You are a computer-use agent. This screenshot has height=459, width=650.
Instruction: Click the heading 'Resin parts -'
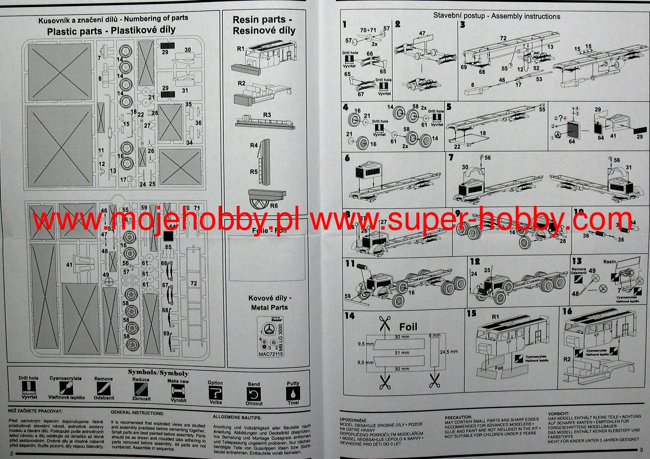262,20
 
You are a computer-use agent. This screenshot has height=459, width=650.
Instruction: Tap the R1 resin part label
241,49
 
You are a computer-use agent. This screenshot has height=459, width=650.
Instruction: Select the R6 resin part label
274,206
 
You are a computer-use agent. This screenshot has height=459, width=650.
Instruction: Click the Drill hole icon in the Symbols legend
28,388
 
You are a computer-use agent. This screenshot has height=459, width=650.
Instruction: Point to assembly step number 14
349,316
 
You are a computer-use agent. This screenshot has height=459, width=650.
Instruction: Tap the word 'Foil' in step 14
408,327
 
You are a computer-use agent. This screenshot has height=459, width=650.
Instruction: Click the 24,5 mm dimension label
449,352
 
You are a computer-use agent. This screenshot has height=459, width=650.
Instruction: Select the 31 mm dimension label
402,353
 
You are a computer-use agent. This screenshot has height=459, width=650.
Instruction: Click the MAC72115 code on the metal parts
271,354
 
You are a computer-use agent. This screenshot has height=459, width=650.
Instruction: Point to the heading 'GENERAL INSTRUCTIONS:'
137,413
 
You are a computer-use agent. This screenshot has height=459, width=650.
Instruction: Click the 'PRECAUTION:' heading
458,417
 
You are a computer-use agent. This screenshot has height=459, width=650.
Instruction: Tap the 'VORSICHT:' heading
559,414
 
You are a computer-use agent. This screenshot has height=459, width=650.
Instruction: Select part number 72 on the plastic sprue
194,283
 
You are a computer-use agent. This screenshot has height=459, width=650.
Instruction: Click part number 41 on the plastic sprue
69,265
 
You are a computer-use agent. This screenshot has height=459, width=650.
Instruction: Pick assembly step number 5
449,107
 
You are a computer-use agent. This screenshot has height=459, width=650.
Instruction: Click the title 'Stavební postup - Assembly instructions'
497,16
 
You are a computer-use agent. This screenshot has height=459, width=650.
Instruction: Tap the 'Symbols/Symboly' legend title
158,373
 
